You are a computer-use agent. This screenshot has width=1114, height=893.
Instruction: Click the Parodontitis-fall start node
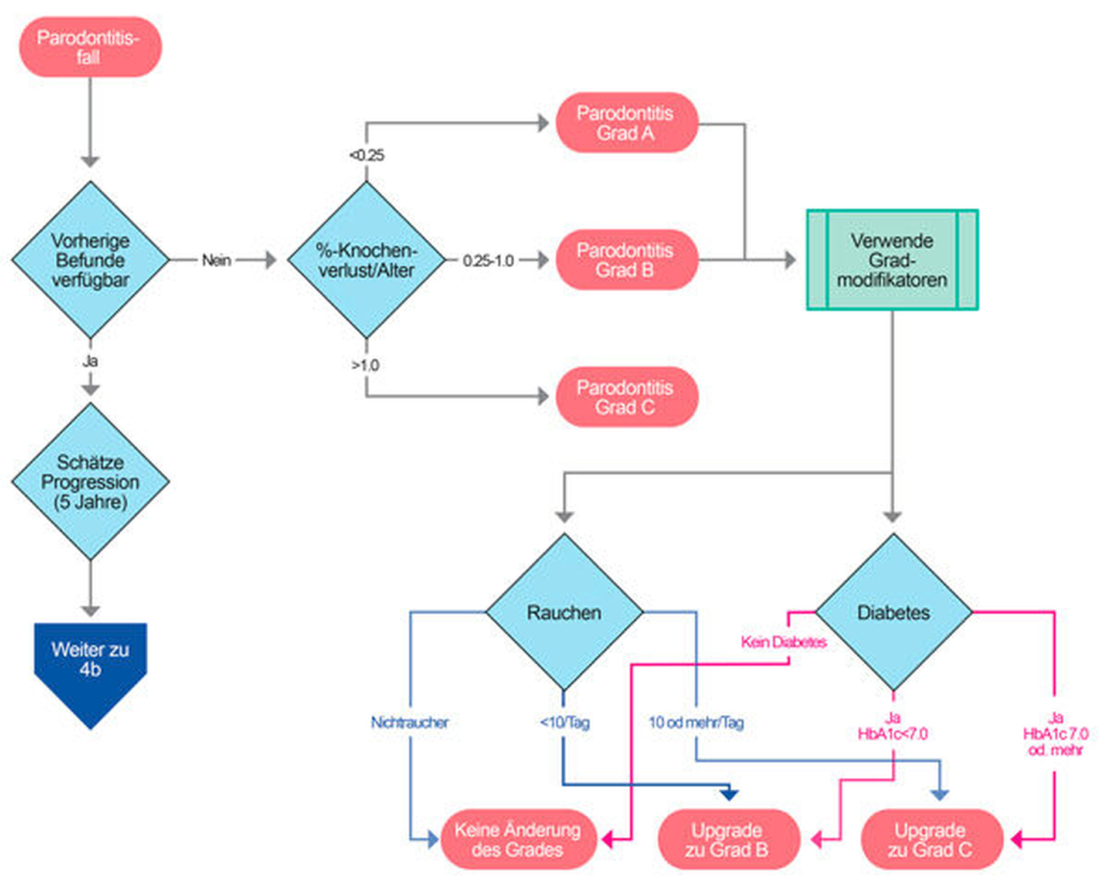coord(90,47)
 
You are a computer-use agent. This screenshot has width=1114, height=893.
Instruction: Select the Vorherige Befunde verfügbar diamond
coord(90,260)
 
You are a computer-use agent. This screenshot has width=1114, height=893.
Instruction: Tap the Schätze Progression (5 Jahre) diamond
coord(90,481)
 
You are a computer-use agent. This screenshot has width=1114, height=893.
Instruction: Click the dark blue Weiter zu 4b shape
coord(90,663)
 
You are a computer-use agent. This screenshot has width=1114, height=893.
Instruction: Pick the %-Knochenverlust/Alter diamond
coord(366,260)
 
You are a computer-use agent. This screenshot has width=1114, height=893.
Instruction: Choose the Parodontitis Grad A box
coord(626,123)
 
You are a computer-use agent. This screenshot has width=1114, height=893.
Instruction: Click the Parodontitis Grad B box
coord(626,260)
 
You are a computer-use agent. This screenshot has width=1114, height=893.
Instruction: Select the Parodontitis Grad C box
coord(626,397)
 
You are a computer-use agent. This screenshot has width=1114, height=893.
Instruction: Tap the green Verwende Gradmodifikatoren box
coord(892,260)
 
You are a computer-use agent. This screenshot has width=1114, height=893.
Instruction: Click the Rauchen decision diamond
coord(564,612)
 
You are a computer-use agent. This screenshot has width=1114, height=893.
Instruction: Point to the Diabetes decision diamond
coord(893,612)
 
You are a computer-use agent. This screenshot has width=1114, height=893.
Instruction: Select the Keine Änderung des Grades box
coord(518,840)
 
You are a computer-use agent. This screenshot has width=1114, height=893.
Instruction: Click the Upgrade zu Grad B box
coord(728,840)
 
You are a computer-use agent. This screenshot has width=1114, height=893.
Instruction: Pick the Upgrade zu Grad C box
coord(930,840)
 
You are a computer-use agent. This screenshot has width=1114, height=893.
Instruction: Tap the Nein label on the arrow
coord(216,260)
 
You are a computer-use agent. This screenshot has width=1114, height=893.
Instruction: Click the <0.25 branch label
coord(367,155)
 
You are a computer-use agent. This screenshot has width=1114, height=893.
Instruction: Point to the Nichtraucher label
coord(409,722)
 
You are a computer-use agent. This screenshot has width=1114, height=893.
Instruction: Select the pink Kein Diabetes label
coord(783,642)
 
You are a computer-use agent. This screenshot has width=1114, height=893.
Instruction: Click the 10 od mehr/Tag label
coord(696,722)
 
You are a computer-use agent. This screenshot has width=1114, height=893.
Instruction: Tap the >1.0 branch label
coord(365,365)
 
